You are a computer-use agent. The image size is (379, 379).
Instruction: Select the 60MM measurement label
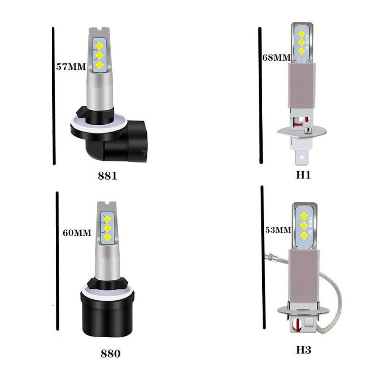77,233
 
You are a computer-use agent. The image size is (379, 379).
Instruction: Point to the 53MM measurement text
278,230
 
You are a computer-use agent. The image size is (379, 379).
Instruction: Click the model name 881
107,176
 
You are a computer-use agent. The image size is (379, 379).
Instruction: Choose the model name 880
111,354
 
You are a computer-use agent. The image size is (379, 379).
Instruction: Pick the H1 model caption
303,175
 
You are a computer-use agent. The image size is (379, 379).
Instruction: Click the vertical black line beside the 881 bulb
54,95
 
